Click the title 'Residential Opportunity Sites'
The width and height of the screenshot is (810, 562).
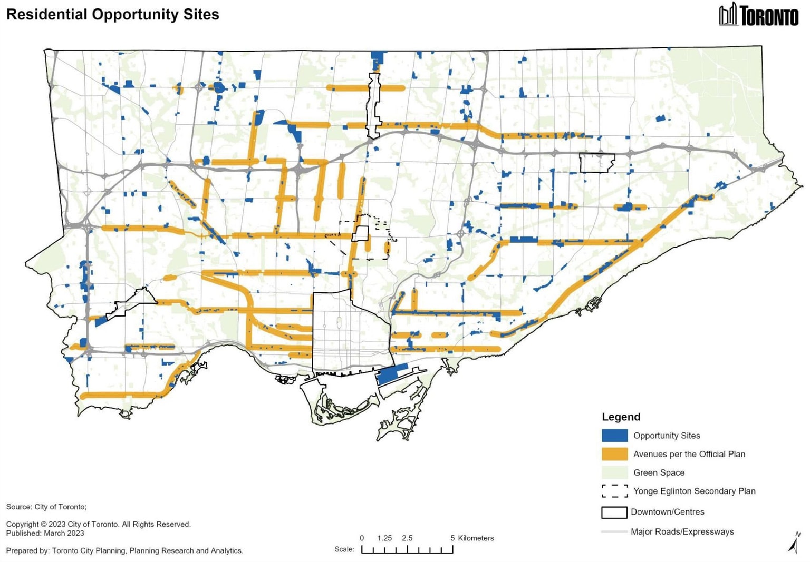[x=112, y=14]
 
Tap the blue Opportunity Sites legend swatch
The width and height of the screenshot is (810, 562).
[x=614, y=436]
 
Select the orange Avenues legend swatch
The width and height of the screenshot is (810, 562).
[x=614, y=454]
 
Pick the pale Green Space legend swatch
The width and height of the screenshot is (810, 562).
[x=614, y=472]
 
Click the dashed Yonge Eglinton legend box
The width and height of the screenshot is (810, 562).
[x=614, y=491]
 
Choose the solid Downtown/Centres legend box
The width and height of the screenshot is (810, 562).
[x=614, y=512]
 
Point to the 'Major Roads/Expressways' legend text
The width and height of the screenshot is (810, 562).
[x=682, y=531]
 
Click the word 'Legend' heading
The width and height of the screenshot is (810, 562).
[x=621, y=417]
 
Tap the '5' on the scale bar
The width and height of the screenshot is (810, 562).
[x=452, y=538]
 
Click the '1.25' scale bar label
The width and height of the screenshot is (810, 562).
[x=384, y=538]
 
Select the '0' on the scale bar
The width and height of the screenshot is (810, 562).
[x=362, y=538]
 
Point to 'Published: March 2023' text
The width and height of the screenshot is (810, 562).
[x=45, y=533]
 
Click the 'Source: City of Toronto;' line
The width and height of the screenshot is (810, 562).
[x=46, y=507]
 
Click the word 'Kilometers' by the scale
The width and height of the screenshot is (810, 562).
[x=476, y=538]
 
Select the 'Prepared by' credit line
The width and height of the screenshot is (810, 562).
[x=124, y=550]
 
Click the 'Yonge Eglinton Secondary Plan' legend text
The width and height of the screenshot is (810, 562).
[x=694, y=491]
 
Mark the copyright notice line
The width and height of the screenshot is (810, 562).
[x=99, y=524]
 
